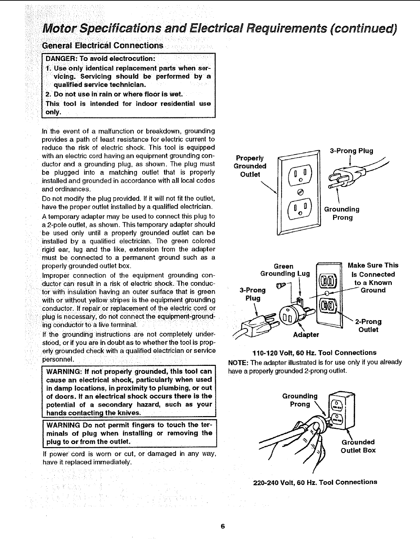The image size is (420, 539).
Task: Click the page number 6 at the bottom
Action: coord(223,526)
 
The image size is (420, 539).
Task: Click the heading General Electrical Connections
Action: coord(102,46)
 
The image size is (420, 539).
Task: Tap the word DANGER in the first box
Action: coord(59,58)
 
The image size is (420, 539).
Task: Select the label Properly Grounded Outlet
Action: coord(250,166)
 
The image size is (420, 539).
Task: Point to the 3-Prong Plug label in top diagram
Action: coord(351,151)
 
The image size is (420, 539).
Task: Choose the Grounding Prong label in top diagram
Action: coord(342,213)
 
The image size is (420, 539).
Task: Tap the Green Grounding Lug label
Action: coord(285,270)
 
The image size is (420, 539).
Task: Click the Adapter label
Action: coord(306,335)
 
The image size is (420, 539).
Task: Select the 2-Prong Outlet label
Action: coord(368,326)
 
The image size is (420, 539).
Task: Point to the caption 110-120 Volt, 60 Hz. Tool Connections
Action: coord(314,353)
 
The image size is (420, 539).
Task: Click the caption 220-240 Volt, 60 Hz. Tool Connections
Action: coord(315,482)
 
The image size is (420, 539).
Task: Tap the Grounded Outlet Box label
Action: coord(358,446)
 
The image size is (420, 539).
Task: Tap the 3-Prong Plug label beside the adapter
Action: coord(253,294)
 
